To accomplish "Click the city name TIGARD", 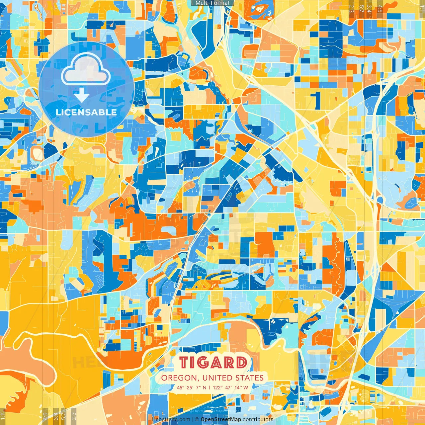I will pos(213,363).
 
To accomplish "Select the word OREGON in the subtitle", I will pos(179,378).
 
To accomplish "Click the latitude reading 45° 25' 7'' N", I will pos(191,387).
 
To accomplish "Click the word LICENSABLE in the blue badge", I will pos(86,112).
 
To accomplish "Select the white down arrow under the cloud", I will pos(82,96).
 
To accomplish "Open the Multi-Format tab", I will pos(212,3).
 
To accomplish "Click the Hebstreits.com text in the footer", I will pos(171,419).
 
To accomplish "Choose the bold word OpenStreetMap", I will pos(221,419).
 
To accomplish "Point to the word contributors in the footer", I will pos(258,419).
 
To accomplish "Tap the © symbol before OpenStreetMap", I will pos(197,419).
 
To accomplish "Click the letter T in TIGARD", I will pos(184,363).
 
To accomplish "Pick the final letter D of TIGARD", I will pos(241,363).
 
